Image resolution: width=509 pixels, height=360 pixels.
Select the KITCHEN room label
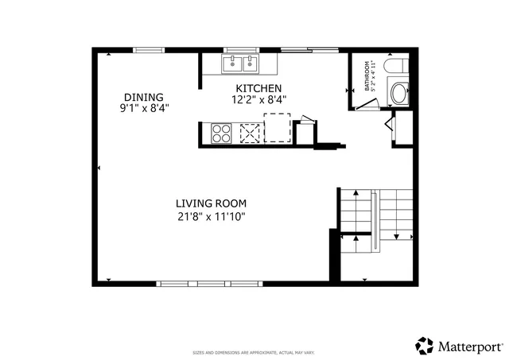click(x=258, y=87)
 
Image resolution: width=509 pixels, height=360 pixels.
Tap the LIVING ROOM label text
click(x=212, y=203)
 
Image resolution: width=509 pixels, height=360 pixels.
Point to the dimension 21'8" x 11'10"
click(x=212, y=216)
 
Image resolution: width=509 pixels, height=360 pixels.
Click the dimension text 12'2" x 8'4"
click(x=258, y=100)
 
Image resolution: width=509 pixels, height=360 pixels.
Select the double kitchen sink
click(x=240, y=64)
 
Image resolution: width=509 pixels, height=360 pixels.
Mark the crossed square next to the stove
click(x=251, y=134)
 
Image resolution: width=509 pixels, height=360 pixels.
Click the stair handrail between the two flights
click(x=374, y=223)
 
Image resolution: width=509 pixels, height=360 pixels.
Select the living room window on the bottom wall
click(x=197, y=283)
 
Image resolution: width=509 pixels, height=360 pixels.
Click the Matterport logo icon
click(x=425, y=346)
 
